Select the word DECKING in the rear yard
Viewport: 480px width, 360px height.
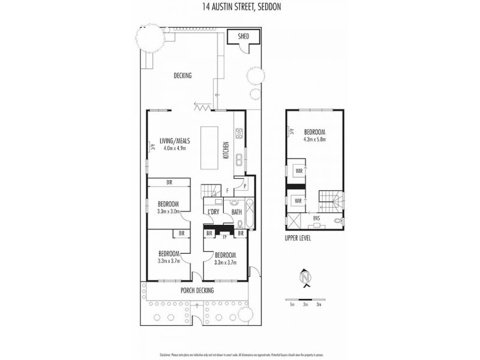pyautogui.click(x=182, y=76)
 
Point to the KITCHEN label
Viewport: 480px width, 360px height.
pyautogui.click(x=226, y=149)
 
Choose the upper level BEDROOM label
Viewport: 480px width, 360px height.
pyautogui.click(x=314, y=132)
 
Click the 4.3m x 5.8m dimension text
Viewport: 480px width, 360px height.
pyautogui.click(x=314, y=139)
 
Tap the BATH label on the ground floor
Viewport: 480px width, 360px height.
pyautogui.click(x=236, y=212)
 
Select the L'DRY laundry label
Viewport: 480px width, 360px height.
pyautogui.click(x=213, y=212)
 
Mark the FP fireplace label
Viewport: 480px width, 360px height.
pyautogui.click(x=224, y=236)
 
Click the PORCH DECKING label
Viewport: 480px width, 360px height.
pyautogui.click(x=197, y=290)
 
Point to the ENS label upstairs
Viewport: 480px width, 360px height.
pyautogui.click(x=316, y=219)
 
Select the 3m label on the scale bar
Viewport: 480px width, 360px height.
pyautogui.click(x=319, y=305)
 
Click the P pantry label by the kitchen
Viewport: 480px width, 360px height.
pyautogui.click(x=238, y=185)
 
